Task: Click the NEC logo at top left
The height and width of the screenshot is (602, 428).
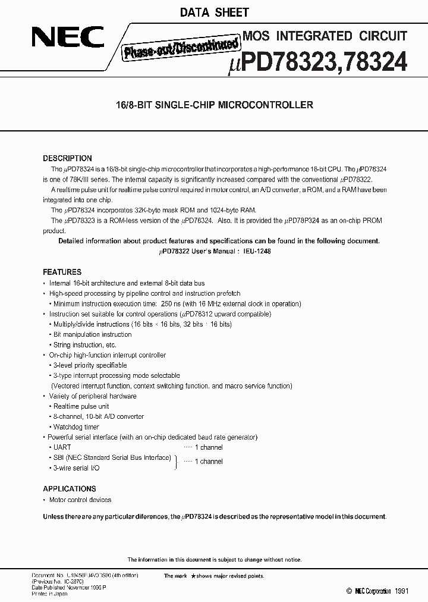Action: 68,39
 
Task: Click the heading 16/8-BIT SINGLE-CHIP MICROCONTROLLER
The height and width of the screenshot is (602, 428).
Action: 213,105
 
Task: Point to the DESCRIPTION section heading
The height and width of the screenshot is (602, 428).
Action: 67,158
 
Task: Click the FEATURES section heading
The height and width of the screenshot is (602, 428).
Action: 62,272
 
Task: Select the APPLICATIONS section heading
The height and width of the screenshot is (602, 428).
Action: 70,489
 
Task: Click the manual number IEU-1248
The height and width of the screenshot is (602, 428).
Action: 257,252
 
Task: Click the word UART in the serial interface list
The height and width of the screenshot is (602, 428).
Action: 62,447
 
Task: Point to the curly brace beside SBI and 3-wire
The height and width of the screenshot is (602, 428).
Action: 175,462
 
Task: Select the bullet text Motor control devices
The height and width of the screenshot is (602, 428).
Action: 80,500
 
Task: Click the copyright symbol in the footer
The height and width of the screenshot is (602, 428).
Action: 349,591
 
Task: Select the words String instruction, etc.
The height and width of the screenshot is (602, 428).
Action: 85,344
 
